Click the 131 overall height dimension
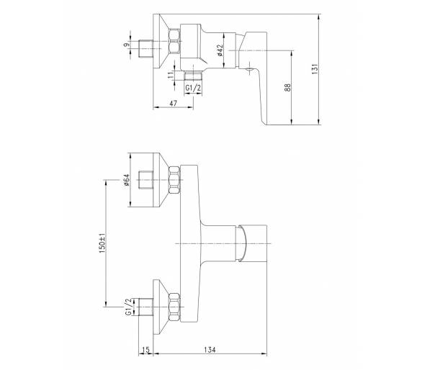coord(315,69)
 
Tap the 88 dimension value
coord(288,87)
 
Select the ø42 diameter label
coord(220,50)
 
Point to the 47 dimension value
coord(174,103)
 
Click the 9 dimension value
coord(126,45)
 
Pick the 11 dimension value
coord(171,75)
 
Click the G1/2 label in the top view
coord(193,88)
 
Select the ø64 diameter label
coord(126,179)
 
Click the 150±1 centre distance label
coord(102,243)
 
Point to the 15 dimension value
coord(145,350)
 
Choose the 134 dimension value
coord(210,350)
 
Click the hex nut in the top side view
coord(174,42)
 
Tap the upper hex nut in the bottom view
coord(174,180)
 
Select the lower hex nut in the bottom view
coord(174,307)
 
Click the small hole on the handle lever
coord(250,71)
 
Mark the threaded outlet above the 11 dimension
coord(193,76)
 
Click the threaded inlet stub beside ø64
coord(145,180)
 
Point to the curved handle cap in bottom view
coord(241,243)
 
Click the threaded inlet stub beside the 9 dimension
coord(145,49)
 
